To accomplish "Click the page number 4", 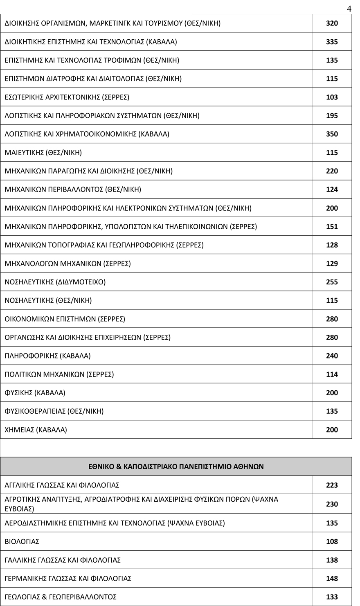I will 349,9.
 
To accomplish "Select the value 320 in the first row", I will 332,23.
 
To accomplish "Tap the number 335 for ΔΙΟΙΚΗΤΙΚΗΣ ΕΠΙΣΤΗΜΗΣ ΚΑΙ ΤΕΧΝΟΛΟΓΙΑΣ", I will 332,42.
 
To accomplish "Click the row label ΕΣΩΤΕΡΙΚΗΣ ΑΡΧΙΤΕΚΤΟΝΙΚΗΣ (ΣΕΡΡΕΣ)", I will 67,97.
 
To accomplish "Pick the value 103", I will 332,97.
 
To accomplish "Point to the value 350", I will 332,134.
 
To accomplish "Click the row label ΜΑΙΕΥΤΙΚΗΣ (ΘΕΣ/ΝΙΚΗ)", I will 43,153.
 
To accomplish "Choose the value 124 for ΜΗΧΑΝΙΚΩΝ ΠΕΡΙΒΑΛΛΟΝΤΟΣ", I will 332,189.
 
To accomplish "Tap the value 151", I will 332,226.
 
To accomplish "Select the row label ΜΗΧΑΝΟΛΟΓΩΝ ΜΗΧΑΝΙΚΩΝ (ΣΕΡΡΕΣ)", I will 67,264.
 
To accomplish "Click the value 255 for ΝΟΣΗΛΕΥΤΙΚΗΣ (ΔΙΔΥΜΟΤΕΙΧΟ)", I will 332,282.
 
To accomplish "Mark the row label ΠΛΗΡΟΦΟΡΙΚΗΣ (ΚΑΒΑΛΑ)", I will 47,356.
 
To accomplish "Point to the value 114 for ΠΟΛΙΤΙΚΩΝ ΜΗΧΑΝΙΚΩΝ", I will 332,374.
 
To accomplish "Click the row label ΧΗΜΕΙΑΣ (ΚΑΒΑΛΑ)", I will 36,430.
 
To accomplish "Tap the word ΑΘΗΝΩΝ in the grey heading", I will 249,466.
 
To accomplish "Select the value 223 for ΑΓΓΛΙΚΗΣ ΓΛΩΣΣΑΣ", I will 332,485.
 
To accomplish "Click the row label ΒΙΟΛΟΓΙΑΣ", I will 22,541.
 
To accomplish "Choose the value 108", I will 332,541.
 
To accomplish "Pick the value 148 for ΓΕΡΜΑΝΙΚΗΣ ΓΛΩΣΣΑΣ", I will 332,579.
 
